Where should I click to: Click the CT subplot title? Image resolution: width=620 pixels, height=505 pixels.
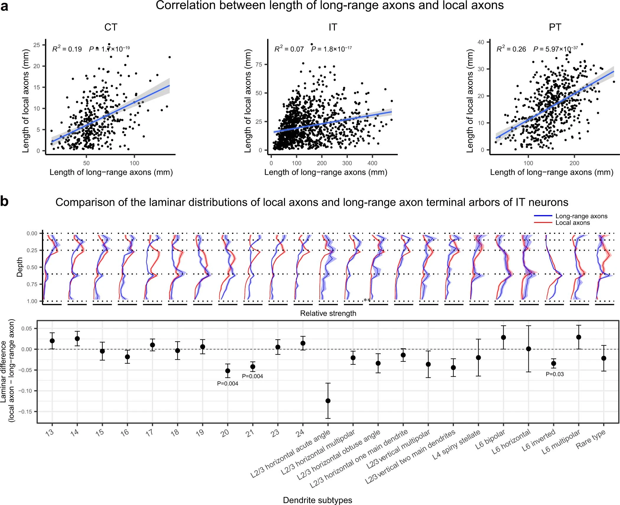click(111, 27)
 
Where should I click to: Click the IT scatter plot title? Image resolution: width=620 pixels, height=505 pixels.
click(333, 27)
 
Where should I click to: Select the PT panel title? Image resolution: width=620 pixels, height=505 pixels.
click(555, 27)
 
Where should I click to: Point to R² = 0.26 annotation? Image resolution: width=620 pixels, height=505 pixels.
click(511, 49)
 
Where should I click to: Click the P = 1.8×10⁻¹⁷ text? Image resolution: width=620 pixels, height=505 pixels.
click(331, 49)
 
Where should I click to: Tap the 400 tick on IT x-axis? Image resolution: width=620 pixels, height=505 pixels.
click(372, 163)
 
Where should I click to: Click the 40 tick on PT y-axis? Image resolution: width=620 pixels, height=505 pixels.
click(481, 42)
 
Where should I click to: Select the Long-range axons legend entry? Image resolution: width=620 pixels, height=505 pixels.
click(581, 216)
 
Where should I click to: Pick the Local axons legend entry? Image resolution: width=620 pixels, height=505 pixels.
click(572, 223)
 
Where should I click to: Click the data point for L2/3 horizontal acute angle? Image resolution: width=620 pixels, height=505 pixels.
click(328, 401)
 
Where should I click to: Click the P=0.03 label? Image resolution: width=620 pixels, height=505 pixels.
click(554, 374)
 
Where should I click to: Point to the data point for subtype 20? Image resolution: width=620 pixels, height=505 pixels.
click(228, 371)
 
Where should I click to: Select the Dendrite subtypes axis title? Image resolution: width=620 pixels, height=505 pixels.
click(317, 500)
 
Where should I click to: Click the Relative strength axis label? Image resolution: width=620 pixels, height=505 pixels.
click(328, 313)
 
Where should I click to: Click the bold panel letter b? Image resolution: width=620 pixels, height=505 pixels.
click(4, 202)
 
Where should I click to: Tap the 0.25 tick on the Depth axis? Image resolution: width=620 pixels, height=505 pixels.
click(32, 250)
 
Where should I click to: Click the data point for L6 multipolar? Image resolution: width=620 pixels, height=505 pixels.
click(579, 337)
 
